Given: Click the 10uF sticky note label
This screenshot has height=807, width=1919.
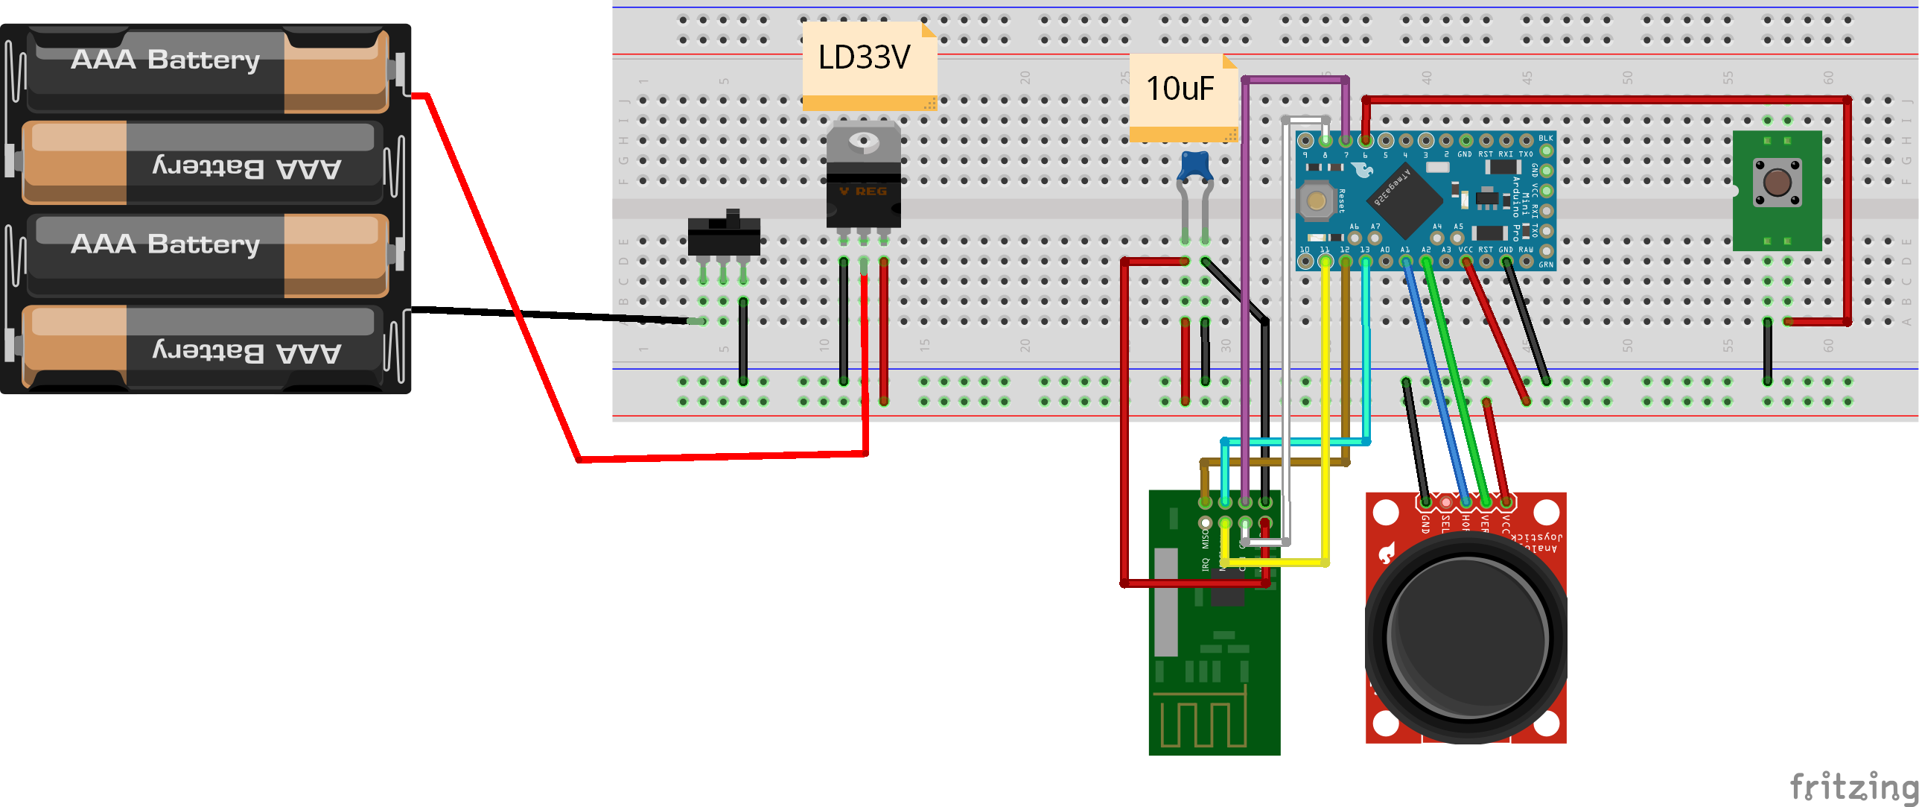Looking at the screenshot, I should coord(1180,89).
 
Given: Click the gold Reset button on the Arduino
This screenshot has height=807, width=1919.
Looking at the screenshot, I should coord(1316,200).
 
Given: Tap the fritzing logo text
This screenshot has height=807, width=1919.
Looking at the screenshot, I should coord(1852,785).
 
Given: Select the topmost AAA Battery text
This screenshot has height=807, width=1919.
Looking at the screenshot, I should coord(165,60).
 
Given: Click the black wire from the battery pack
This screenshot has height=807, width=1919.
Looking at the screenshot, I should coord(551,315).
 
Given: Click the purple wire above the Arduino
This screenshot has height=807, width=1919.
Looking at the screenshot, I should coord(1295,79).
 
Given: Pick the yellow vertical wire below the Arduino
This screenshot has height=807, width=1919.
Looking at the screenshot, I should coord(1326,410).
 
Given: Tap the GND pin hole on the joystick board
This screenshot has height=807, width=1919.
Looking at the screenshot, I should coord(1425,502).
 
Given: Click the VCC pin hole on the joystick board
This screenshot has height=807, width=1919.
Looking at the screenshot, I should coord(1506,502).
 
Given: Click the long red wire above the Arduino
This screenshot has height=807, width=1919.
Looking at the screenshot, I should coord(1602,99).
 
